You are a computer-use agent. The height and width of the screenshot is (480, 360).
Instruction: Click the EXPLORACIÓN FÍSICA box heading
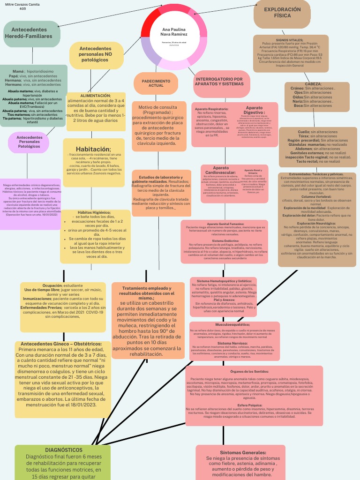282,13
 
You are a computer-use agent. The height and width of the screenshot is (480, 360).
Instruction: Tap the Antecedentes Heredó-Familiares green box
31,33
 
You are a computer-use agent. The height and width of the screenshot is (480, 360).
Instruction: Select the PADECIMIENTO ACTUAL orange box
156,83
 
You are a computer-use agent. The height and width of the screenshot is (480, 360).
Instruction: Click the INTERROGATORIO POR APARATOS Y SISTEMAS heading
219,82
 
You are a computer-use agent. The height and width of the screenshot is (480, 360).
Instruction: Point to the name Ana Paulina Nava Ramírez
174,31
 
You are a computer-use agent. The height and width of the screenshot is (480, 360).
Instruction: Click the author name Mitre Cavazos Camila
22,4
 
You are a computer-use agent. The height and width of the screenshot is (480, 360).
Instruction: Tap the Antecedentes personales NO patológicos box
95,54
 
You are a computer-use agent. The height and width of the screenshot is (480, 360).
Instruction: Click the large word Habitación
93,149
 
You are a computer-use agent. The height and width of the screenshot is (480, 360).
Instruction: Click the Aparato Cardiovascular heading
221,170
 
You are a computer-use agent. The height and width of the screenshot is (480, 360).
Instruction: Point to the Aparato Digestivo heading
255,110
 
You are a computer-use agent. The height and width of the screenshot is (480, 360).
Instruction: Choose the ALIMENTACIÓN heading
96,96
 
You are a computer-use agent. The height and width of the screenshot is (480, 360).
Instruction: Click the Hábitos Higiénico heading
94,212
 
